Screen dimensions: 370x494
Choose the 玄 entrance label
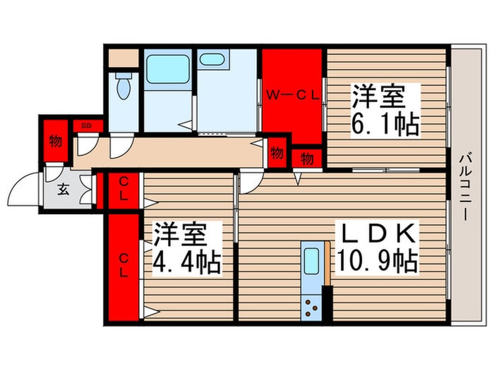coord(61,190)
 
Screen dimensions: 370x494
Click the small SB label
coord(86,125)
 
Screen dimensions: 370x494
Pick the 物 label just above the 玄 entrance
coord(55,141)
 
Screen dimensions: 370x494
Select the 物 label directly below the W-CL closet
coord(308,159)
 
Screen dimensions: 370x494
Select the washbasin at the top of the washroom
coord(211,59)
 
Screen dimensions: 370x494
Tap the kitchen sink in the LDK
coord(311,261)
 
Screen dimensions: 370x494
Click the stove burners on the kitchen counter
coord(311,304)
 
